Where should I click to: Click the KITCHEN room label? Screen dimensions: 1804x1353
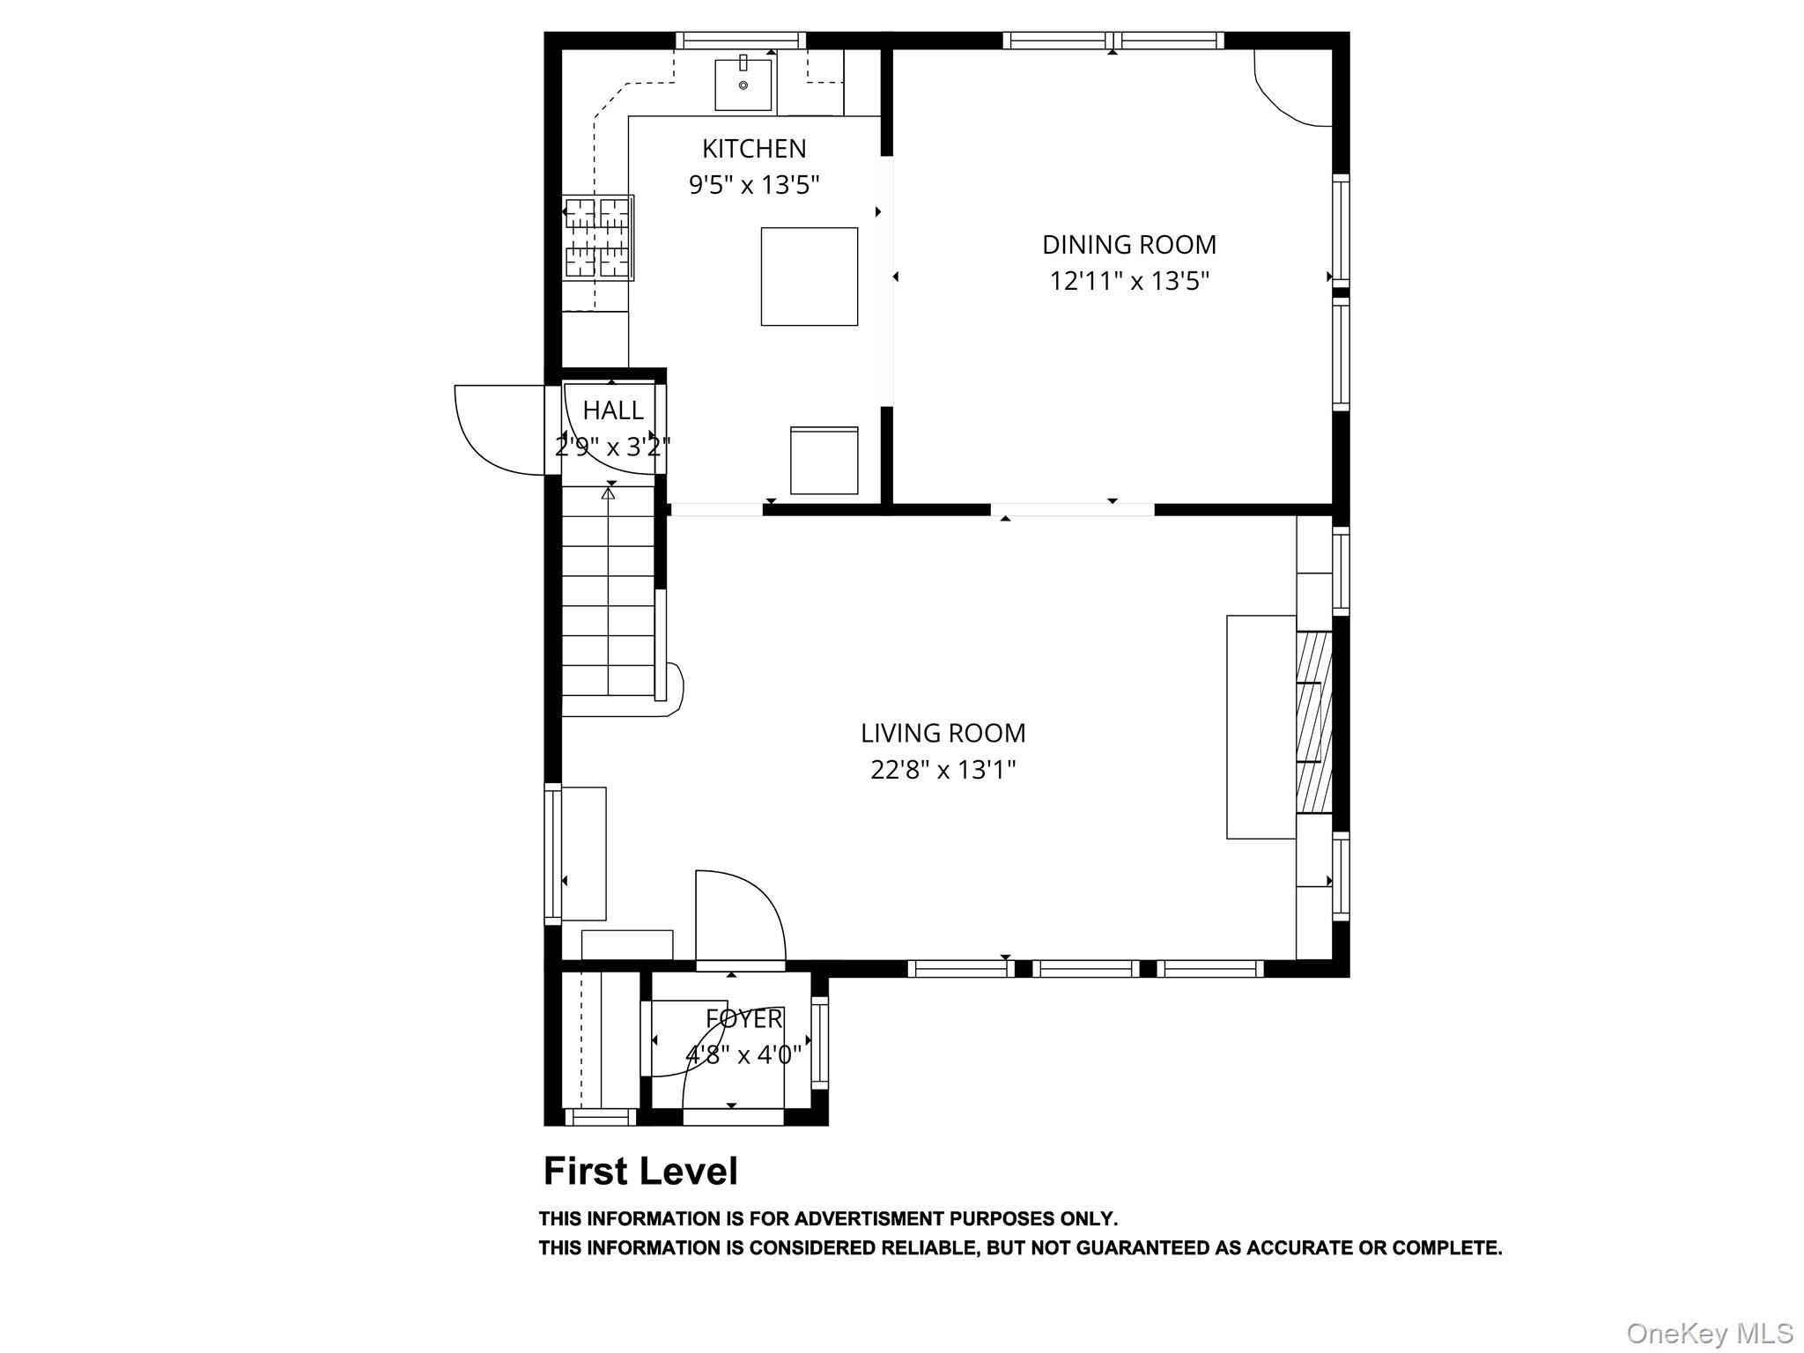[754, 148]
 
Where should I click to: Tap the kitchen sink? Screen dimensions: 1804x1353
[743, 84]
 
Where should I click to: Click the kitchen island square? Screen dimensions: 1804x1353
[810, 277]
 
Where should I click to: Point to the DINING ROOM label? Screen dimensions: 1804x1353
[1129, 244]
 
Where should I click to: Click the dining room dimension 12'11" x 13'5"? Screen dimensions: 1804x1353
[1129, 281]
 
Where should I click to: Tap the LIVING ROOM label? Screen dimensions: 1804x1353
[943, 733]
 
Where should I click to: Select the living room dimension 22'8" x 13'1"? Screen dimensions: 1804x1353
[943, 770]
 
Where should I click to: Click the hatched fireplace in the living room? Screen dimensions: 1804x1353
[1313, 722]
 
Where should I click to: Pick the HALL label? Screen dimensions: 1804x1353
[613, 410]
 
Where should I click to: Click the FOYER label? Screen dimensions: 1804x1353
[744, 1019]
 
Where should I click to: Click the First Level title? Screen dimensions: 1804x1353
[640, 1172]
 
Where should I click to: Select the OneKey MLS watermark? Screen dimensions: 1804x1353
[1710, 1333]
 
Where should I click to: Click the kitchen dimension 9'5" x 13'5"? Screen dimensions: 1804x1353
[754, 185]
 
